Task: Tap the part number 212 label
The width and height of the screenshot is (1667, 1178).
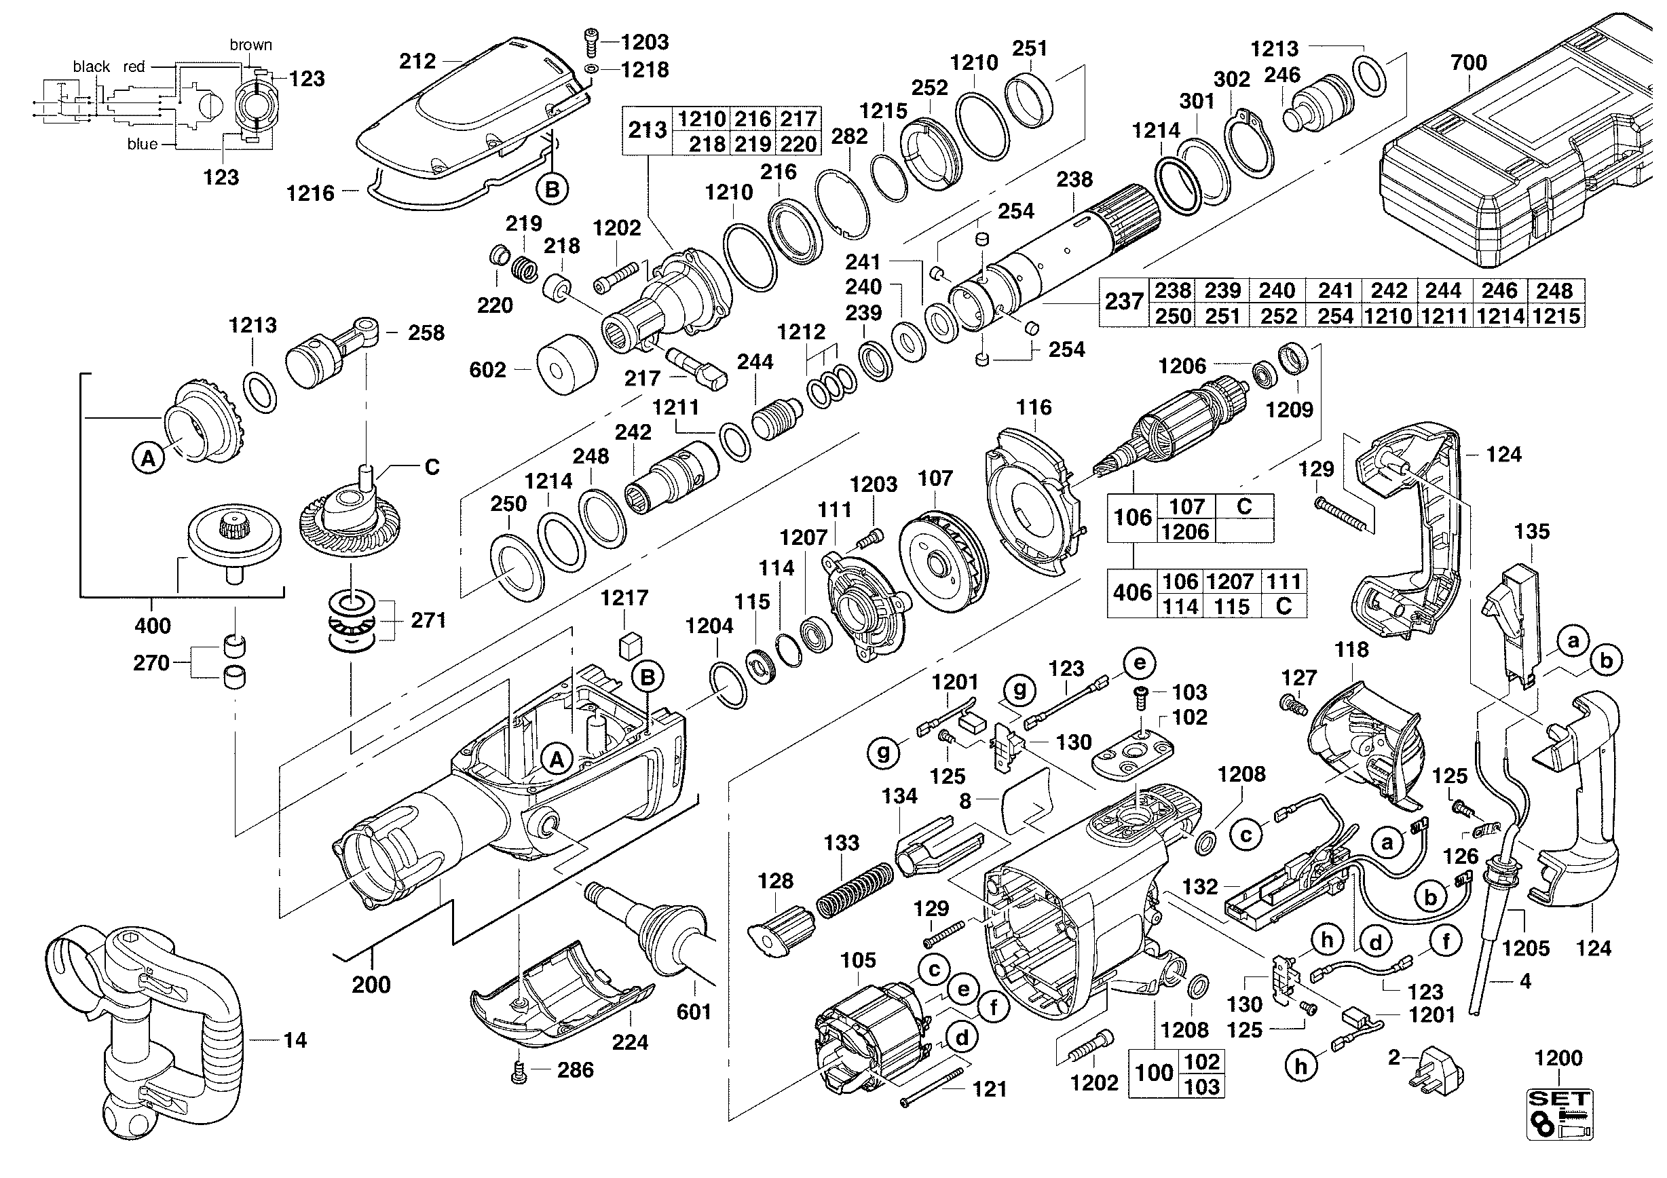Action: point(417,61)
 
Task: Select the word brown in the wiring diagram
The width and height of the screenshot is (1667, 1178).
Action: point(250,45)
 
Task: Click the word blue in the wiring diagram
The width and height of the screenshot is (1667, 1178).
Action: point(143,145)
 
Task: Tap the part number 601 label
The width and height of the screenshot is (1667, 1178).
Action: point(694,1011)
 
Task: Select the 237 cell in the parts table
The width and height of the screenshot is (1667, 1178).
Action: point(1124,301)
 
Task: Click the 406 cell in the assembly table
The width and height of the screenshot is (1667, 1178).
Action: point(1132,593)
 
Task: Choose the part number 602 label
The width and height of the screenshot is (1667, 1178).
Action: point(487,370)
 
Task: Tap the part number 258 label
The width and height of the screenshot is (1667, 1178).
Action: point(426,333)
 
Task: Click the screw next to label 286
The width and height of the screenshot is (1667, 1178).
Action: point(519,1071)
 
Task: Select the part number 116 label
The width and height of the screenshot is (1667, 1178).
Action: point(1034,408)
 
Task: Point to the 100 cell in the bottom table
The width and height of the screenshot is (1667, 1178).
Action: point(1154,1073)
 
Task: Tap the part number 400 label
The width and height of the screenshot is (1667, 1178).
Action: point(153,626)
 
